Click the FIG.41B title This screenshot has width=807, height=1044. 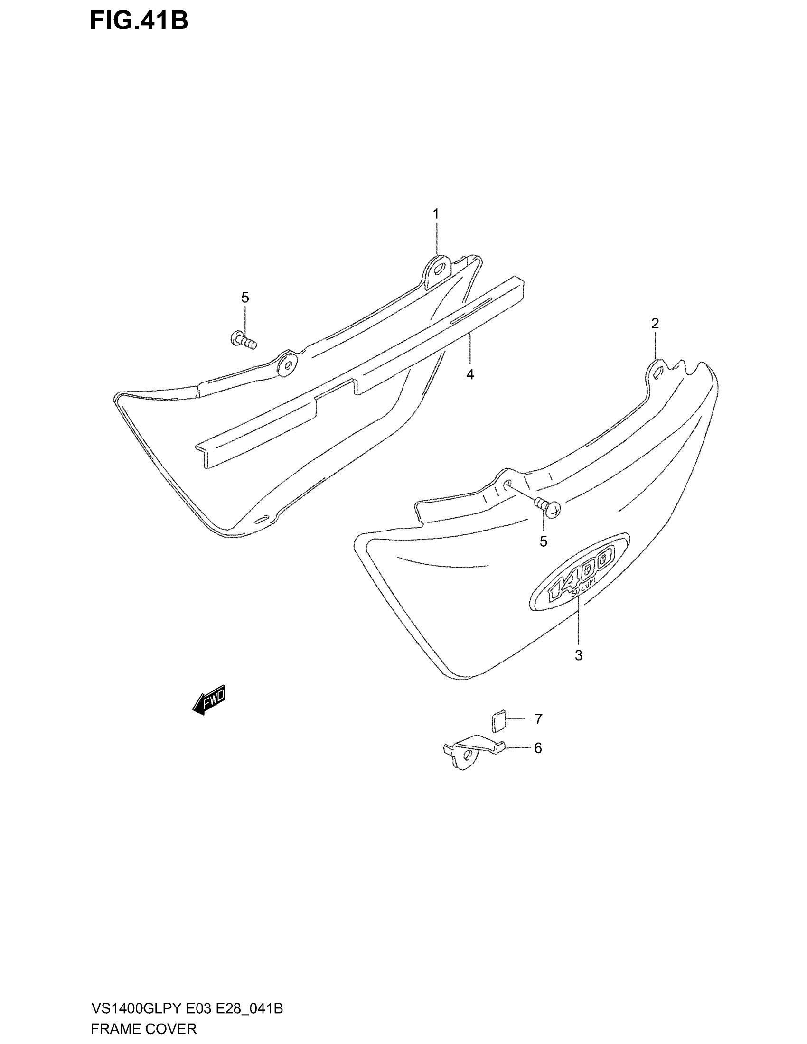[x=139, y=21]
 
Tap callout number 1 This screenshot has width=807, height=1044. [x=435, y=214]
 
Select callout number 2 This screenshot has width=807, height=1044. [x=655, y=324]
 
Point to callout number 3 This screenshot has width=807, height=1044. [x=579, y=655]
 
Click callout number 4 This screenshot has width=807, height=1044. [x=470, y=375]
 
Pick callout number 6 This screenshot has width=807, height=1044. [x=538, y=748]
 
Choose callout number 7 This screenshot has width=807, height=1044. [x=538, y=718]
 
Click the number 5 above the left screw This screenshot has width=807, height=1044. [x=245, y=298]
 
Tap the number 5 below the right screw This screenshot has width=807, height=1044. [x=543, y=541]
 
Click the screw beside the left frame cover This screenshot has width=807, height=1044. [x=244, y=340]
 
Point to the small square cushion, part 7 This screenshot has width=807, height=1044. [x=497, y=721]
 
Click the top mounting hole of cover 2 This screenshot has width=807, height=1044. [x=658, y=373]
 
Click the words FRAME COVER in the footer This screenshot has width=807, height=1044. [x=143, y=1029]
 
